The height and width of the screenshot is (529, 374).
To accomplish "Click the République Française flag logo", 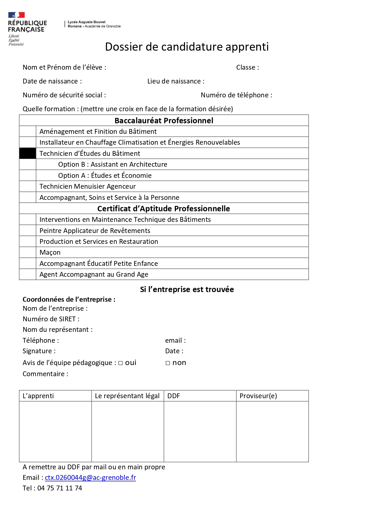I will tap(17, 15).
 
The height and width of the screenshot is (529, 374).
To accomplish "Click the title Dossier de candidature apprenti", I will tap(187, 47).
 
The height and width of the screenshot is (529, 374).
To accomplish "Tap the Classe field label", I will tap(247, 68).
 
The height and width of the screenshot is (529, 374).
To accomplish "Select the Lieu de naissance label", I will tap(176, 81).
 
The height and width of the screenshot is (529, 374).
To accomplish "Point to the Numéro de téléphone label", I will tap(236, 95).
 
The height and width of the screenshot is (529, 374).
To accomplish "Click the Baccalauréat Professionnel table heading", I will tap(164, 121).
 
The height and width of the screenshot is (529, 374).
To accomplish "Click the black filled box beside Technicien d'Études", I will tap(28, 153).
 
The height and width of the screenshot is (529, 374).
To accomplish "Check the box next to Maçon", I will tap(28, 253).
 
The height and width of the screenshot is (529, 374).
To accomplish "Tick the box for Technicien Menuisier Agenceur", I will tap(28, 187).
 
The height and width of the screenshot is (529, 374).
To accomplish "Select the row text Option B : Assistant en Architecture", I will tap(112, 165).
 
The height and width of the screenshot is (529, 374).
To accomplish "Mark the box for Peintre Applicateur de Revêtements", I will tap(28, 231).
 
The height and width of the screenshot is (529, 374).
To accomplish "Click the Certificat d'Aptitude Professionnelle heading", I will tap(164, 209).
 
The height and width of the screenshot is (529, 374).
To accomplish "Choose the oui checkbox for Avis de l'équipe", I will tap(121, 363).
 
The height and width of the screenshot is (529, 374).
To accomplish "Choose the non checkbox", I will tap(168, 363).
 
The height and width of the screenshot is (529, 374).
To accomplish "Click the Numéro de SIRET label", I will tap(51, 319).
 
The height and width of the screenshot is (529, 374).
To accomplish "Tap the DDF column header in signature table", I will tap(174, 396).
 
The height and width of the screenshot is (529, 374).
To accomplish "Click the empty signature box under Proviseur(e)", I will tap(272, 431).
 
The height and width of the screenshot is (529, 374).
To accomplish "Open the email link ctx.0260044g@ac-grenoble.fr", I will tap(90, 478).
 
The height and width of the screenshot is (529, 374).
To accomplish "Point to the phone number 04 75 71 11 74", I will tap(60, 488).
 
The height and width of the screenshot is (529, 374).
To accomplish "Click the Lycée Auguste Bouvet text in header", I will tap(86, 22).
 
